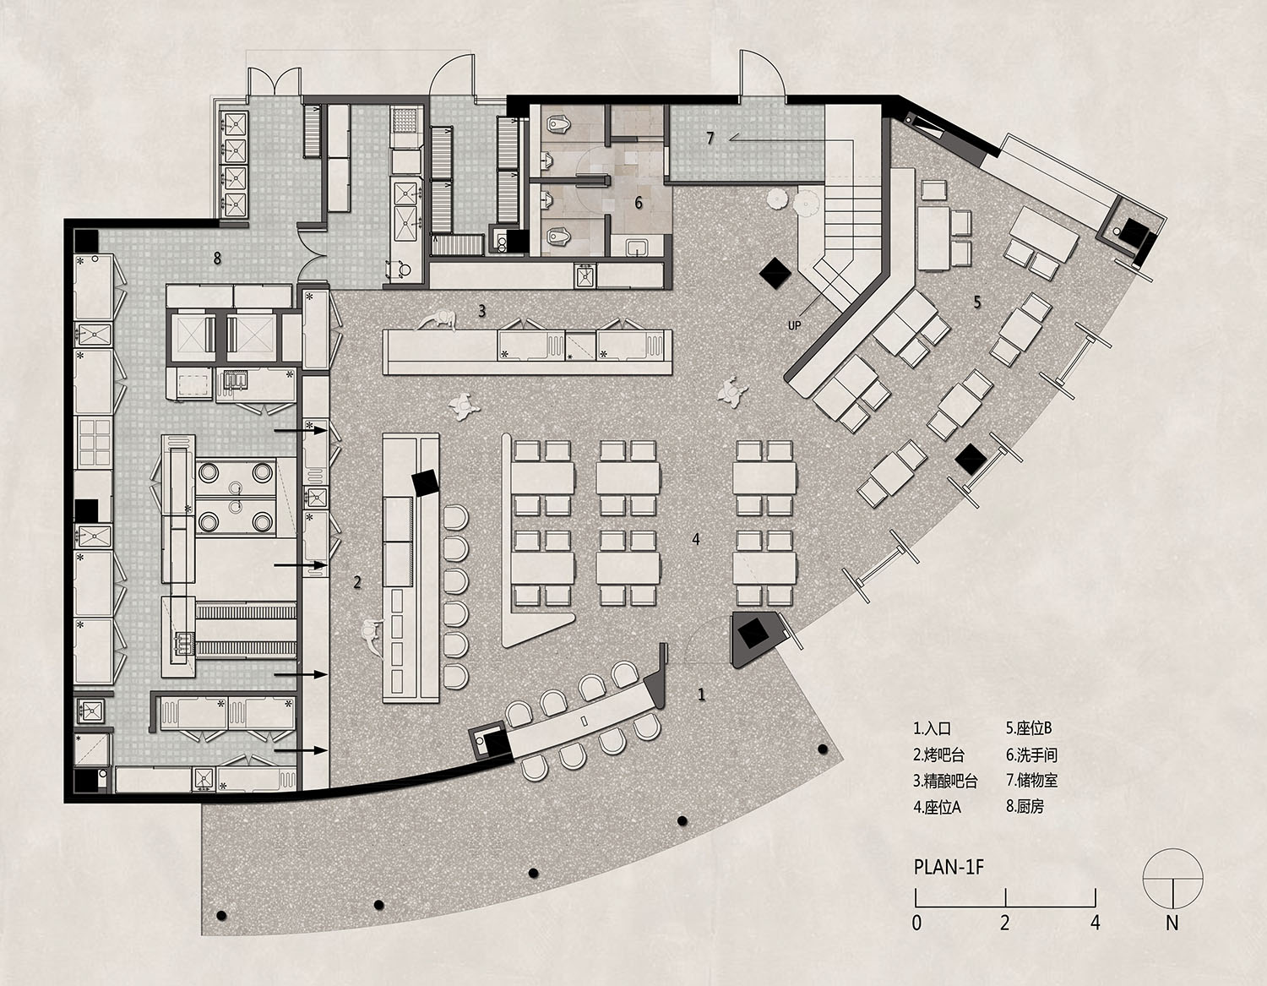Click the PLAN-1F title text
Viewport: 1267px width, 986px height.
click(x=949, y=867)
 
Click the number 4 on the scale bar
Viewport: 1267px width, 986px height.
click(x=1095, y=923)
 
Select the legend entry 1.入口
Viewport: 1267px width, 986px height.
click(x=933, y=728)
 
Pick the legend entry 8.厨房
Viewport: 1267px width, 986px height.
click(x=1025, y=806)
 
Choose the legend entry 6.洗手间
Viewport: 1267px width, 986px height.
click(x=1031, y=754)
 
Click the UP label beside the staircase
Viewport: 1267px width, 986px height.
click(x=794, y=325)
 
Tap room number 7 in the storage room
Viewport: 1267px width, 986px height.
click(x=710, y=138)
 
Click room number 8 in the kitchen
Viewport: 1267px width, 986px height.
click(x=217, y=259)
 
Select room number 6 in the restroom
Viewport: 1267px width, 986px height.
click(x=639, y=203)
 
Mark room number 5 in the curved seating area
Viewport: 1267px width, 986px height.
click(x=977, y=302)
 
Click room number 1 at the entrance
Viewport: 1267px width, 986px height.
click(x=701, y=695)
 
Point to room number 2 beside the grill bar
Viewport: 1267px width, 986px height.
click(x=357, y=582)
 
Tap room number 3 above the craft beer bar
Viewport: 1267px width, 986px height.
click(x=482, y=311)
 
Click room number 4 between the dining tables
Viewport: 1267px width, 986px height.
click(x=696, y=539)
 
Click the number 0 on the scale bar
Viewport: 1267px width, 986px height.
click(x=916, y=923)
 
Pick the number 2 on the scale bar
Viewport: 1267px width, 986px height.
click(x=1004, y=923)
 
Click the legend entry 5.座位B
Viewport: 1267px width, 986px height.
click(x=1029, y=728)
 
